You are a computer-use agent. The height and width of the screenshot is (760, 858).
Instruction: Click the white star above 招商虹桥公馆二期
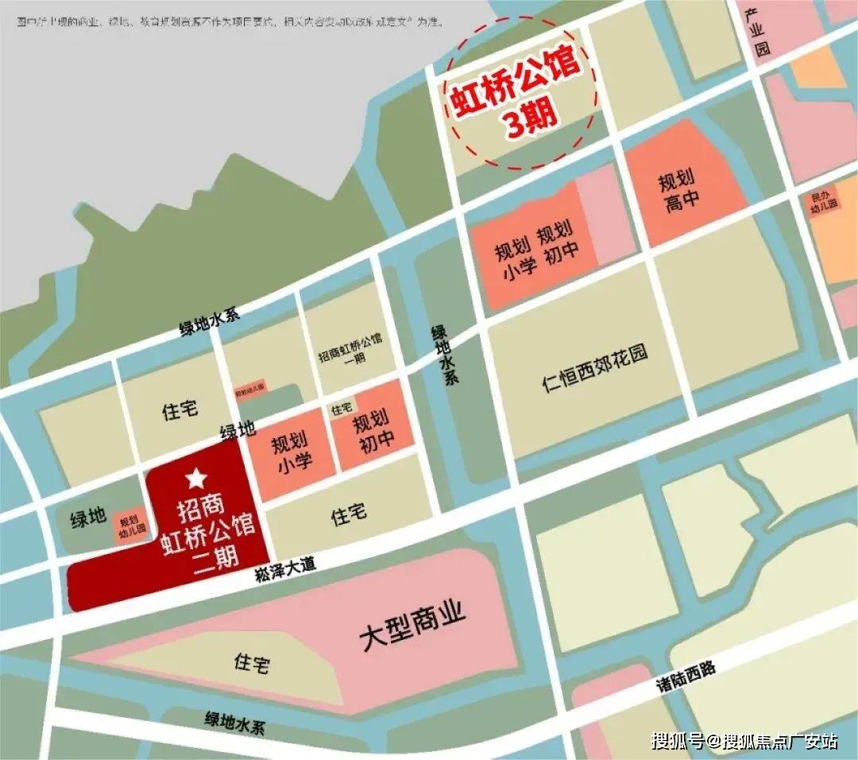(x=195, y=479)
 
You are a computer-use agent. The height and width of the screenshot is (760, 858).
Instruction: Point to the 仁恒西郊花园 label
(x=595, y=368)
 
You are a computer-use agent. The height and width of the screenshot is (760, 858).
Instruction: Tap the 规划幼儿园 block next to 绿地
(x=132, y=525)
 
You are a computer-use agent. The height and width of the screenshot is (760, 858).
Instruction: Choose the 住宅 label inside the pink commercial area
(x=252, y=661)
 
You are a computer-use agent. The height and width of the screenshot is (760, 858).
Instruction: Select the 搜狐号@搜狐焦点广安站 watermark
(x=744, y=741)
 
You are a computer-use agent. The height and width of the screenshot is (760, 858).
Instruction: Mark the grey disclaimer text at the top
(x=230, y=23)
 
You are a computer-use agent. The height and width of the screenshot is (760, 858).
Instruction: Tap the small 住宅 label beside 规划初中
(x=341, y=409)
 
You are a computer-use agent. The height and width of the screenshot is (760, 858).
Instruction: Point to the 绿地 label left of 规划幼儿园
(x=87, y=517)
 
